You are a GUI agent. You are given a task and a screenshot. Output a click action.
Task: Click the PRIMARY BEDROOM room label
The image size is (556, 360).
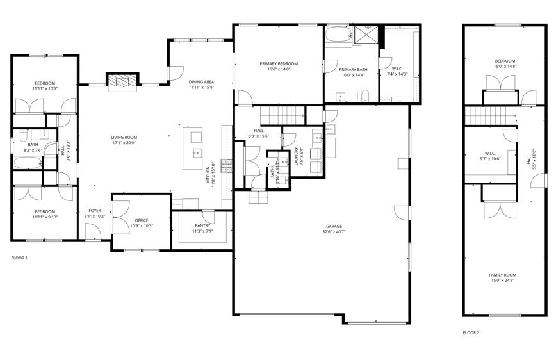(x=279, y=63)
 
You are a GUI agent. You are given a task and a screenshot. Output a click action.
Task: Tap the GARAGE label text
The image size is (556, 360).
(x=334, y=226)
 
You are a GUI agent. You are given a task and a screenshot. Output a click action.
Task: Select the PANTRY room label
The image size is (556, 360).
(x=202, y=225)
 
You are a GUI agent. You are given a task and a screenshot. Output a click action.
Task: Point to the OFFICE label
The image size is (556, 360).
(x=142, y=220)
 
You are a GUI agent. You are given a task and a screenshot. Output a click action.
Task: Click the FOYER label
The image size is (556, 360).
(x=94, y=210)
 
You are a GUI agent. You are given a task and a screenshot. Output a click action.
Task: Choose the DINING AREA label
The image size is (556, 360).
(x=200, y=82)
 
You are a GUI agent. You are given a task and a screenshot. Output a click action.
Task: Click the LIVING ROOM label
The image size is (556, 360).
(x=124, y=137)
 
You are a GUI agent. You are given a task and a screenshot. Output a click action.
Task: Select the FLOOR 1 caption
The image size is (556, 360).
(x=20, y=258)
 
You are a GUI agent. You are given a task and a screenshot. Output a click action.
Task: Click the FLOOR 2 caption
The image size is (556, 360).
(x=471, y=333)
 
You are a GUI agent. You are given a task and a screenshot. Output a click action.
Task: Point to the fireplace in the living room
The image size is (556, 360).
(x=122, y=81)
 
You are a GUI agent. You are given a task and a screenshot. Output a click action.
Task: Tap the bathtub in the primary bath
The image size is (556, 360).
(x=338, y=35)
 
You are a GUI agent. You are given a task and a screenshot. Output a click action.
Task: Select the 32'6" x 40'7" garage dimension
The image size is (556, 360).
(x=334, y=232)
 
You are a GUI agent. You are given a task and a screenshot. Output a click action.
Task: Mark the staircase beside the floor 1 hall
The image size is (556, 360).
(x=285, y=116)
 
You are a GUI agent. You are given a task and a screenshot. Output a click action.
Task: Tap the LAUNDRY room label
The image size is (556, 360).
(x=297, y=156)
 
